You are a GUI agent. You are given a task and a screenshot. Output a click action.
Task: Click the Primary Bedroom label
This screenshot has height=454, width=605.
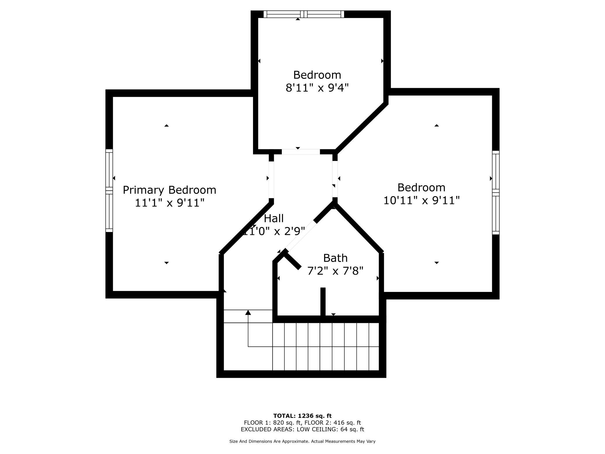(169, 190)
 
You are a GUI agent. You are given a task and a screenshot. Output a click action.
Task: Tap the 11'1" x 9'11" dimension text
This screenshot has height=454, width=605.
(170, 203)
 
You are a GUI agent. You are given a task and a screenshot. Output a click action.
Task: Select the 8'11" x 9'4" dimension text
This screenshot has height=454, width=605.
(317, 88)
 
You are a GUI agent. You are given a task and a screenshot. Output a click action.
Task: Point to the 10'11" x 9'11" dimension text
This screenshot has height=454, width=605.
(421, 201)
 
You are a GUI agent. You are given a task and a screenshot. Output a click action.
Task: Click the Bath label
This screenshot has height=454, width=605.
(335, 258)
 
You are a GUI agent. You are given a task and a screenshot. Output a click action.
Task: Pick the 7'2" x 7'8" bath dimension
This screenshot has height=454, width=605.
(335, 271)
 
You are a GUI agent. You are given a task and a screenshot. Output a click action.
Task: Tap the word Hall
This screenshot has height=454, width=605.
(274, 218)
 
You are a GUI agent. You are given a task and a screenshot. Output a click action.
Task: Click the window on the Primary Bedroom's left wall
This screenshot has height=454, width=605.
(109, 191)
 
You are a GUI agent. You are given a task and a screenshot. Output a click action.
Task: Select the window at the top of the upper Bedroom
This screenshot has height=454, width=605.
(304, 14)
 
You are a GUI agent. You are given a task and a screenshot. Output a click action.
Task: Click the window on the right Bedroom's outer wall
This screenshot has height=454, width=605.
(496, 193)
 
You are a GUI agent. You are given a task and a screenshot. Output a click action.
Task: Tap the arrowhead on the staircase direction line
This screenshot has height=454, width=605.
(248, 312)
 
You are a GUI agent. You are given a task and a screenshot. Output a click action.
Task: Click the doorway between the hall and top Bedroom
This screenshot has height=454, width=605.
(301, 152)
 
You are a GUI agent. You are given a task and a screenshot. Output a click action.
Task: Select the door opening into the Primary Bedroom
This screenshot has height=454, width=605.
(271, 180)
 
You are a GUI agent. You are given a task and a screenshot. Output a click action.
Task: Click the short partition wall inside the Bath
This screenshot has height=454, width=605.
(323, 302)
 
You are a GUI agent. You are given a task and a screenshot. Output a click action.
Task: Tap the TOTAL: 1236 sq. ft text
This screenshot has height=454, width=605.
(302, 416)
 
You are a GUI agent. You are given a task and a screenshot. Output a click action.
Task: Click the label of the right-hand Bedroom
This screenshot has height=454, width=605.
(421, 188)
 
